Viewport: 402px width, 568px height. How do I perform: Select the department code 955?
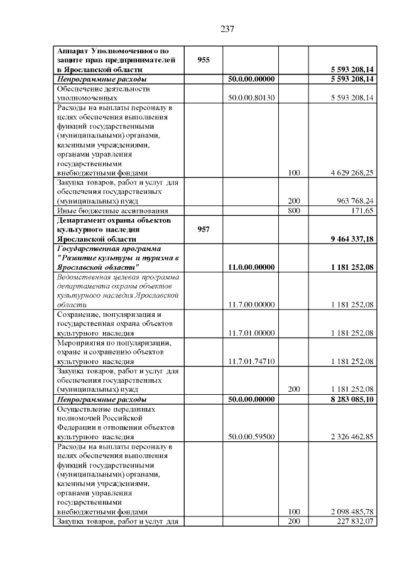tap(204, 60)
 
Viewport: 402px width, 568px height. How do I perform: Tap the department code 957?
tap(204, 230)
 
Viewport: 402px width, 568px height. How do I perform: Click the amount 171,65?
tap(362, 211)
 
